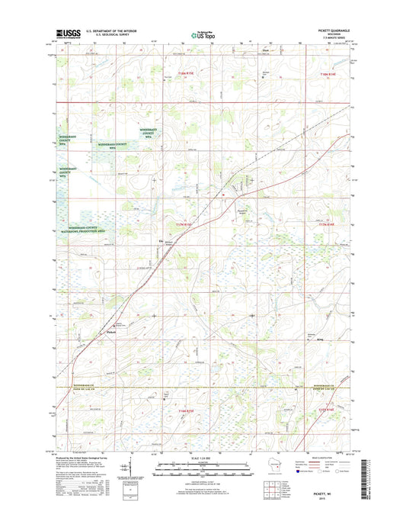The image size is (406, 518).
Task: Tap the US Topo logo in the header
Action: coord(202,34)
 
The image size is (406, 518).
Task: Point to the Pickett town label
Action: coord(111,332)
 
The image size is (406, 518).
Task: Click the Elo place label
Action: coord(160,243)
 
